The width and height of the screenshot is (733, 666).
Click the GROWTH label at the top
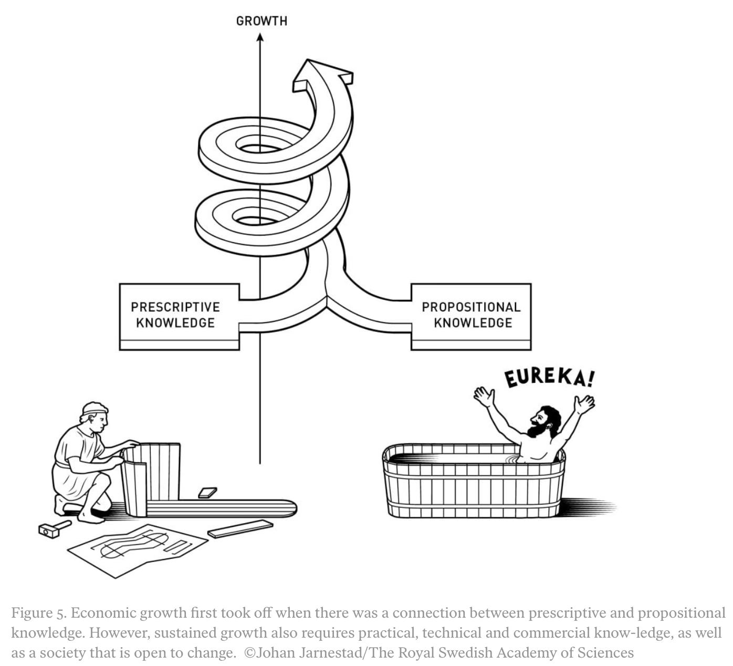point(261,22)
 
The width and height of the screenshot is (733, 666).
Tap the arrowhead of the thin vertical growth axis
point(259,38)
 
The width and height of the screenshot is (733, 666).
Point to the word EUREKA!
point(550,376)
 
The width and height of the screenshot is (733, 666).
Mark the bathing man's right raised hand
point(584,403)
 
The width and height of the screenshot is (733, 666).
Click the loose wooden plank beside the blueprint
point(240,529)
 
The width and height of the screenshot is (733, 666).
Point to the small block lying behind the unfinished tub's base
point(207,493)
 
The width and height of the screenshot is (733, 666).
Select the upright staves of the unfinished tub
point(152,475)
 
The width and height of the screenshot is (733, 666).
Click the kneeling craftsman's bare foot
point(90,518)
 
